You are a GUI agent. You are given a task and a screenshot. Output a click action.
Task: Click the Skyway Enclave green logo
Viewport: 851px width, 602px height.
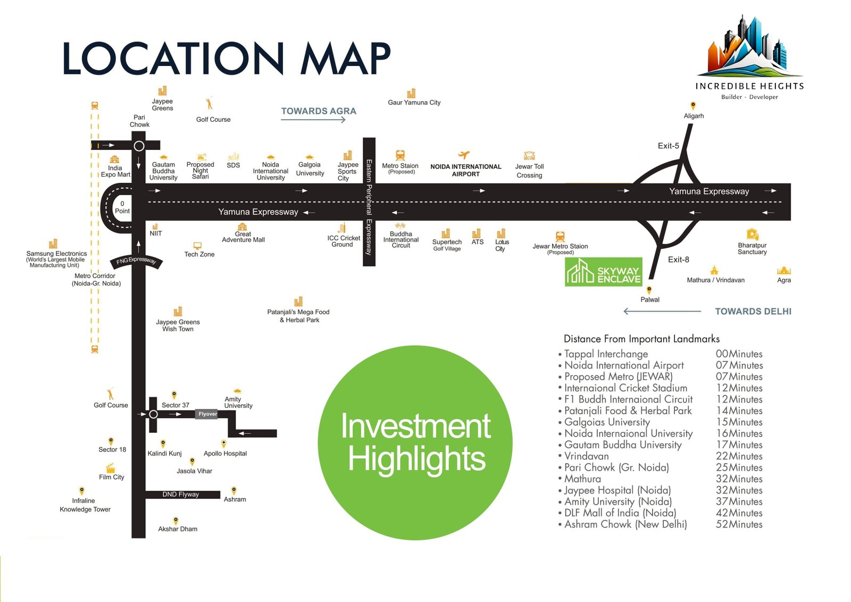[603, 272]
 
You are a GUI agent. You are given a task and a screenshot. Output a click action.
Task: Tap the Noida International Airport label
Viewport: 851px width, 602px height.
[465, 170]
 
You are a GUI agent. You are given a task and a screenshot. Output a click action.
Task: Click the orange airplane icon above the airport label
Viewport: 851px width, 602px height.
[464, 155]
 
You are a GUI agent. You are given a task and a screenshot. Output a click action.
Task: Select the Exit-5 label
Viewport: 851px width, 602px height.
[668, 146]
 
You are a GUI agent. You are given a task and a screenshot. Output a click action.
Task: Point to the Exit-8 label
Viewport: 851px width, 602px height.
[678, 260]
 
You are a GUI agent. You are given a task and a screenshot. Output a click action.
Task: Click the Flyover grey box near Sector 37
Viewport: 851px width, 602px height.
[207, 414]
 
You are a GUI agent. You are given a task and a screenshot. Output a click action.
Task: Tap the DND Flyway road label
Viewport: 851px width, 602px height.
[180, 495]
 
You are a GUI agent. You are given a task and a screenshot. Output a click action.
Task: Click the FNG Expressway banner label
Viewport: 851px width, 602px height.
[136, 261]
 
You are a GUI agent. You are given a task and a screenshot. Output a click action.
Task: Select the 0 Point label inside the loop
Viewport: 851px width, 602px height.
[122, 207]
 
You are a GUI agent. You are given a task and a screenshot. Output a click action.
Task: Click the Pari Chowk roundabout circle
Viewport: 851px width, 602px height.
[139, 146]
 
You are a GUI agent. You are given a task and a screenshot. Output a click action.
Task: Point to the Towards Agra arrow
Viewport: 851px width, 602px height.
[313, 120]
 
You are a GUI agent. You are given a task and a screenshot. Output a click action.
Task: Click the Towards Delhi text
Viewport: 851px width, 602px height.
[753, 312]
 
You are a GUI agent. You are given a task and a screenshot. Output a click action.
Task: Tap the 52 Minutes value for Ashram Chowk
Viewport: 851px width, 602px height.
[739, 524]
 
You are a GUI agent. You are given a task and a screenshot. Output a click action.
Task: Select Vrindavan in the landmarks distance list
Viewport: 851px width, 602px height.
[586, 456]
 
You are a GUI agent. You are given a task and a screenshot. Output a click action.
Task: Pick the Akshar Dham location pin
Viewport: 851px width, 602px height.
[176, 520]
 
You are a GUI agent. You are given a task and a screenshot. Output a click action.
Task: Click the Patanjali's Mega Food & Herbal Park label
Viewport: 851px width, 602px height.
[298, 316]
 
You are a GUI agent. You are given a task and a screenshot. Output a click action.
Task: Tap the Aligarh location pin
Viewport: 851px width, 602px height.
[693, 106]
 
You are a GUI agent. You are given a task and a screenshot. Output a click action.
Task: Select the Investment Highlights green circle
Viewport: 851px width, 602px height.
[415, 442]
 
